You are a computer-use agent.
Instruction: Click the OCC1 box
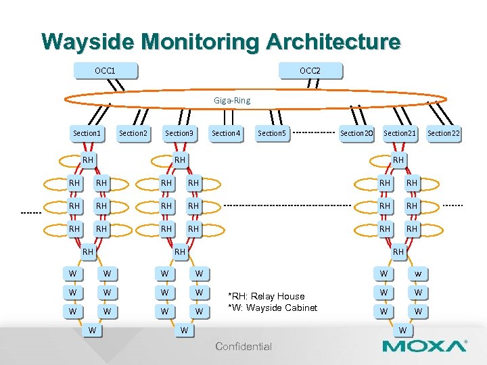point(105,70)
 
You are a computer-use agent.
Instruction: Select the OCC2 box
point(310,70)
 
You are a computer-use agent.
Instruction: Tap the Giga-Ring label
point(232,100)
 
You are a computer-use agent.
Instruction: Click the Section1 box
point(87,133)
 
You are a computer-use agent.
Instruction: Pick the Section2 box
point(133,133)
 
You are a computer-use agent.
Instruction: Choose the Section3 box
point(179,133)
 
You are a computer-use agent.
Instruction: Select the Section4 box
point(226,133)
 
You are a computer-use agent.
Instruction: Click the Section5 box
point(272,133)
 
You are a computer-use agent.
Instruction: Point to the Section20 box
point(356,133)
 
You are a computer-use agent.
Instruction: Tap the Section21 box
point(400,133)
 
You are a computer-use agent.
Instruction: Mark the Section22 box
point(444,133)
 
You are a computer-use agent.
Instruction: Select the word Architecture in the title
point(333,41)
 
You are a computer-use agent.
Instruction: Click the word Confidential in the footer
point(243,347)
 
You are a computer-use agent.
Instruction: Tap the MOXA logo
point(424,347)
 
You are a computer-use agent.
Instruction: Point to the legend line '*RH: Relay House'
point(266,296)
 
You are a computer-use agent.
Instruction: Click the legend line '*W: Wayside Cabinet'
point(273,308)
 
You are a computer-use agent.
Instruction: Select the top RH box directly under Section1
point(88,160)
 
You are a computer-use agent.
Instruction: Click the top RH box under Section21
point(398,160)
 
